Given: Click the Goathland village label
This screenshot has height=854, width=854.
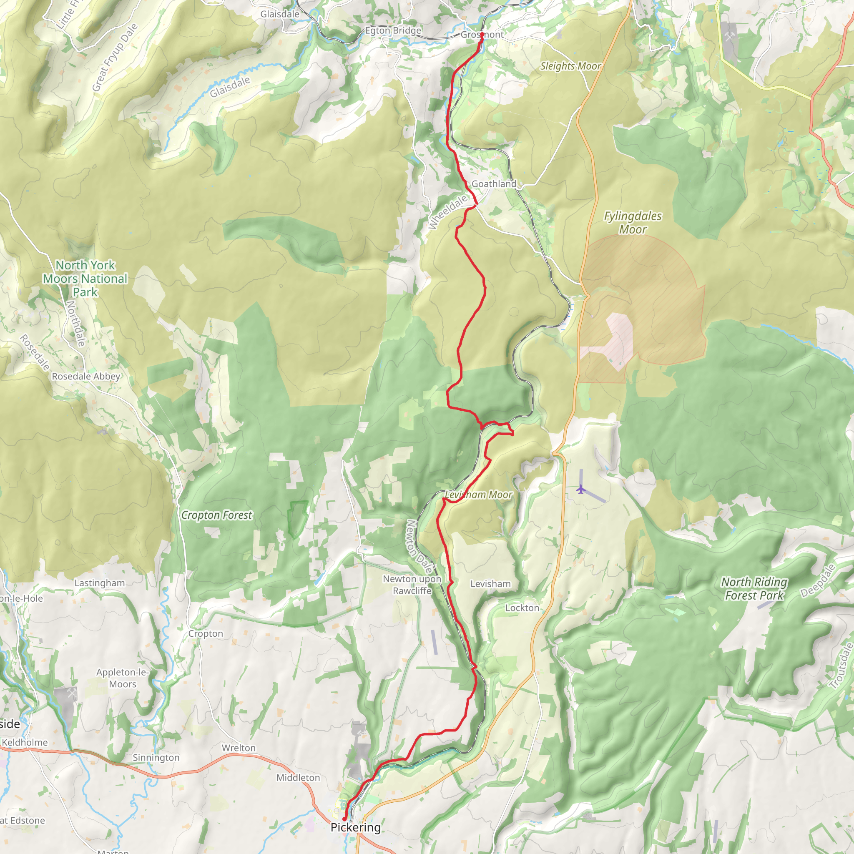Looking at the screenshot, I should tap(494, 184).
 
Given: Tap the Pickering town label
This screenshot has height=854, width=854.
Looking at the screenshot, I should tap(355, 827).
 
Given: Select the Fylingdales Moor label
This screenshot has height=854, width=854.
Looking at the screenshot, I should tap(633, 222).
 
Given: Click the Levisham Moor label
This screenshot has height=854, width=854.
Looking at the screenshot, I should tap(479, 495).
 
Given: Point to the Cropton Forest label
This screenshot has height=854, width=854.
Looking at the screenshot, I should tap(216, 515).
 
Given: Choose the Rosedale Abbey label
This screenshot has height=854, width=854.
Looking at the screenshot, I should tap(86, 376).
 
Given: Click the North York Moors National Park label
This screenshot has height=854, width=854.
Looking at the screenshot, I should tap(85, 279).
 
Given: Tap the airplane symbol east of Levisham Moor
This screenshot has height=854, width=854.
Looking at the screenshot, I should tap(581, 489).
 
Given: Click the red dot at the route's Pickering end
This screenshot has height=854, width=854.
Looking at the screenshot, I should tap(344, 819).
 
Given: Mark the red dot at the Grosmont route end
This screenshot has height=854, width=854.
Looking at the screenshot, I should tap(482, 35).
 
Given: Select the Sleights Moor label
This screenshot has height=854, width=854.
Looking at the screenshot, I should tap(570, 66).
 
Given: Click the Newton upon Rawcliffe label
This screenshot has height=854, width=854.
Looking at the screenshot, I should tap(412, 584).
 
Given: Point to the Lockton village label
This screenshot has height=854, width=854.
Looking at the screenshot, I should tap(522, 608).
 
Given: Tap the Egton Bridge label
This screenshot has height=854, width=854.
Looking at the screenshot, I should tap(393, 30).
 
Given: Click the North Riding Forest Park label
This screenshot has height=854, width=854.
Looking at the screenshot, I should tap(754, 588).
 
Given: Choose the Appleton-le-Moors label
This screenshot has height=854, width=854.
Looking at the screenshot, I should tap(123, 678).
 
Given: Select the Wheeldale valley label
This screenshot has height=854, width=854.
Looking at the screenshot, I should tap(447, 212).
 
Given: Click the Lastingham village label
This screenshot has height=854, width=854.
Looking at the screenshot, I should tap(100, 583).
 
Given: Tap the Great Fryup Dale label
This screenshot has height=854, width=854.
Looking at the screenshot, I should tap(115, 58).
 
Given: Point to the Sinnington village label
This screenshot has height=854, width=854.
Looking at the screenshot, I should tap(156, 757).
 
